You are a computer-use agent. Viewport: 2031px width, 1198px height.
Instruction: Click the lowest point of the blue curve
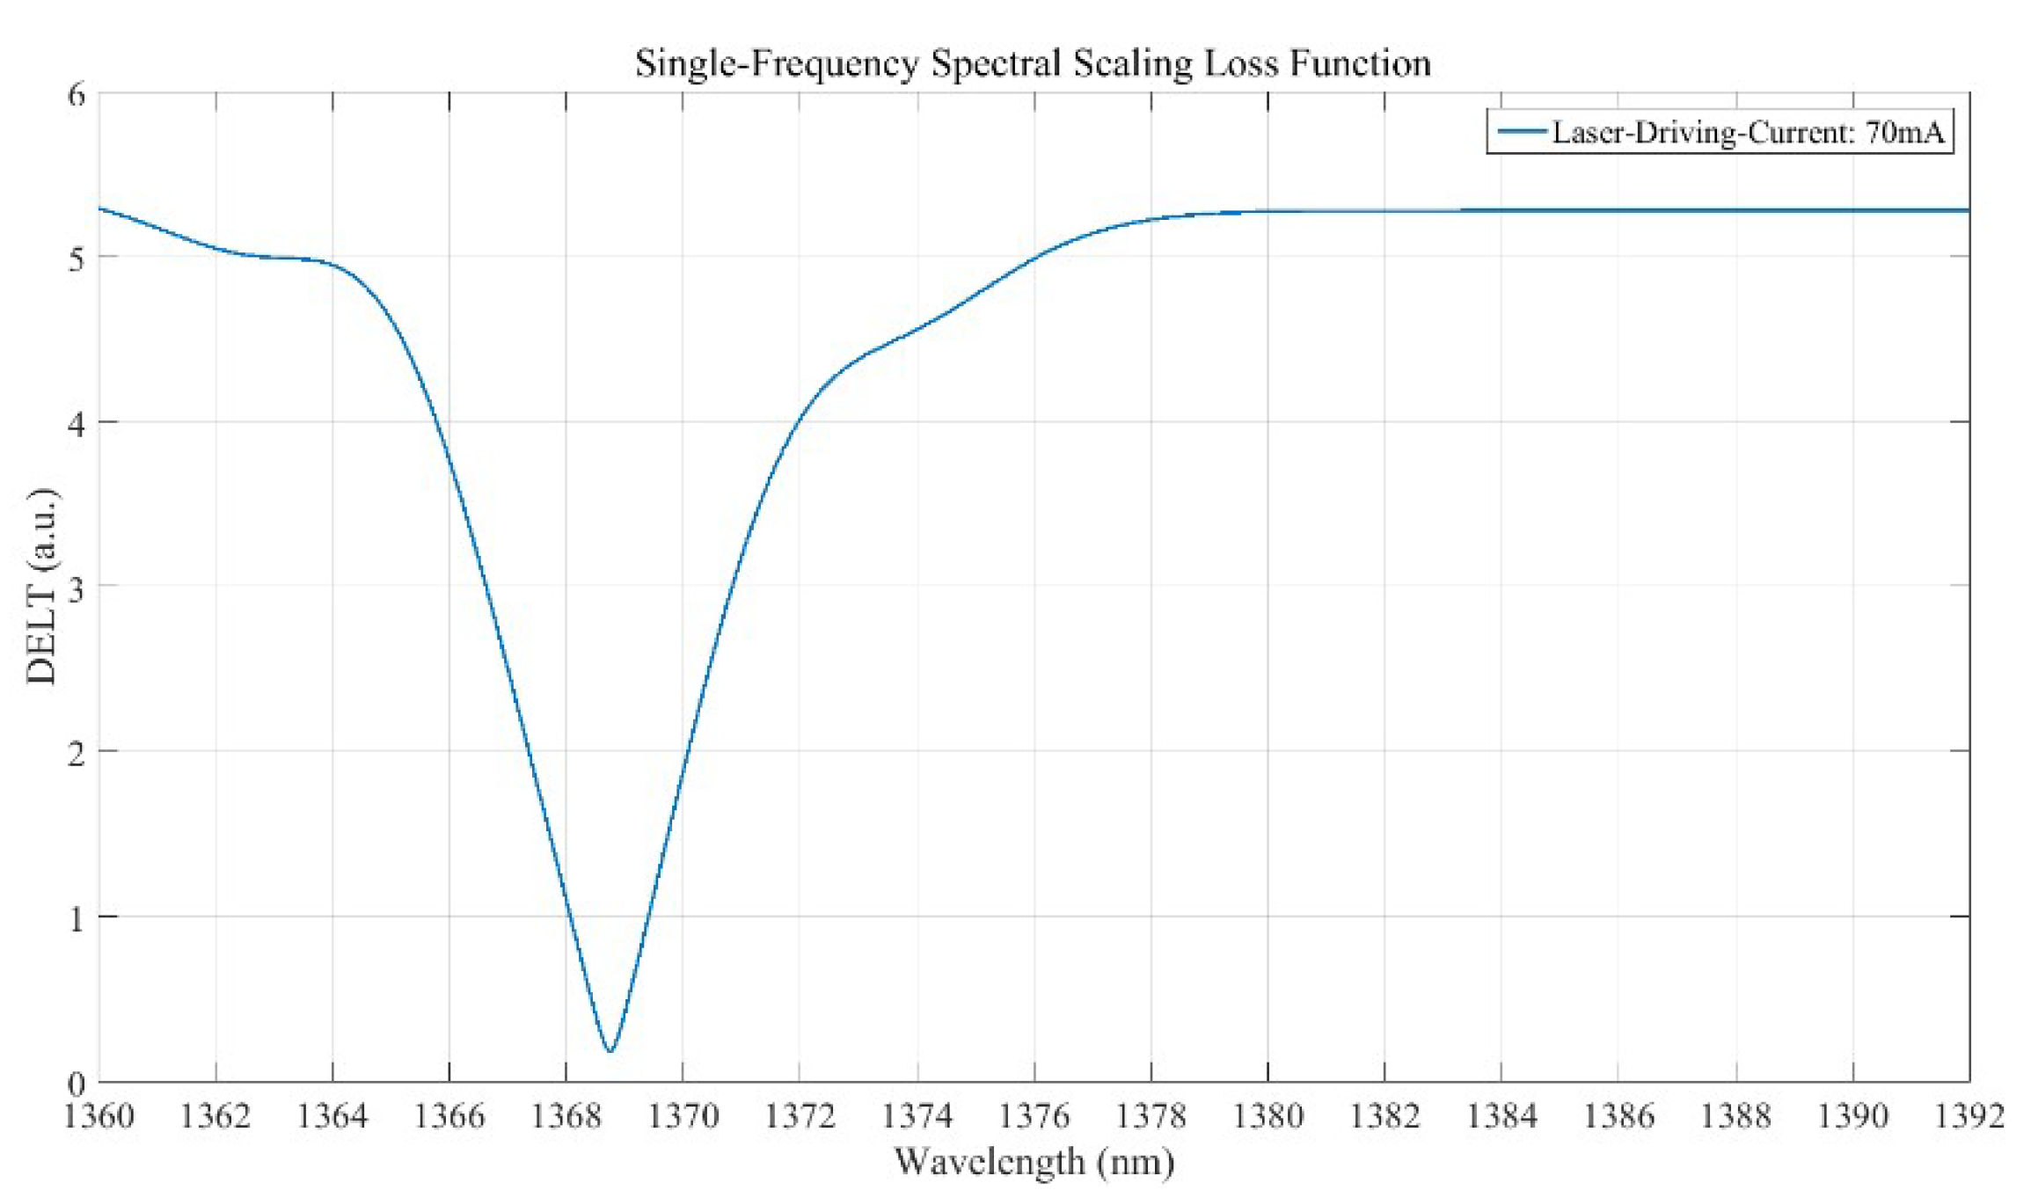click(610, 1050)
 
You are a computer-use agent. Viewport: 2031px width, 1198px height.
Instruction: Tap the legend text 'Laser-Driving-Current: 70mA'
click(1747, 132)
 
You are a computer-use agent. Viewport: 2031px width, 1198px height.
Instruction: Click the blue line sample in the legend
click(1521, 132)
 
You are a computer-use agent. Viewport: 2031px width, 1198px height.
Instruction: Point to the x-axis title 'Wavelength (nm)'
click(1034, 1162)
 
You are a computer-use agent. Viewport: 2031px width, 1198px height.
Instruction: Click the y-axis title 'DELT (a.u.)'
click(41, 586)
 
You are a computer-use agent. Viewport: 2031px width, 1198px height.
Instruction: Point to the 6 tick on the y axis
click(77, 94)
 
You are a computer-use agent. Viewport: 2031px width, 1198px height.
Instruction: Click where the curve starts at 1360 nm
click(100, 208)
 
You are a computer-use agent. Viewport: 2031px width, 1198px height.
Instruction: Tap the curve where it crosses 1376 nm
click(1034, 257)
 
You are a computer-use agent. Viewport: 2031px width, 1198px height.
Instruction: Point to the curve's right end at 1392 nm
click(1968, 210)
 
